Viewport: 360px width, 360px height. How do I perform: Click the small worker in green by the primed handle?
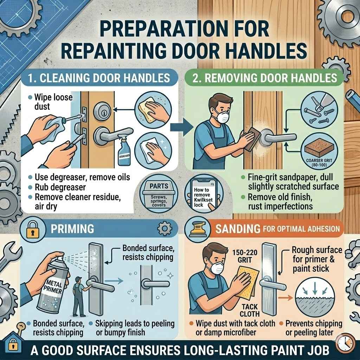[78, 295]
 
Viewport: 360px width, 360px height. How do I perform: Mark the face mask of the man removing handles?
[223, 117]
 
